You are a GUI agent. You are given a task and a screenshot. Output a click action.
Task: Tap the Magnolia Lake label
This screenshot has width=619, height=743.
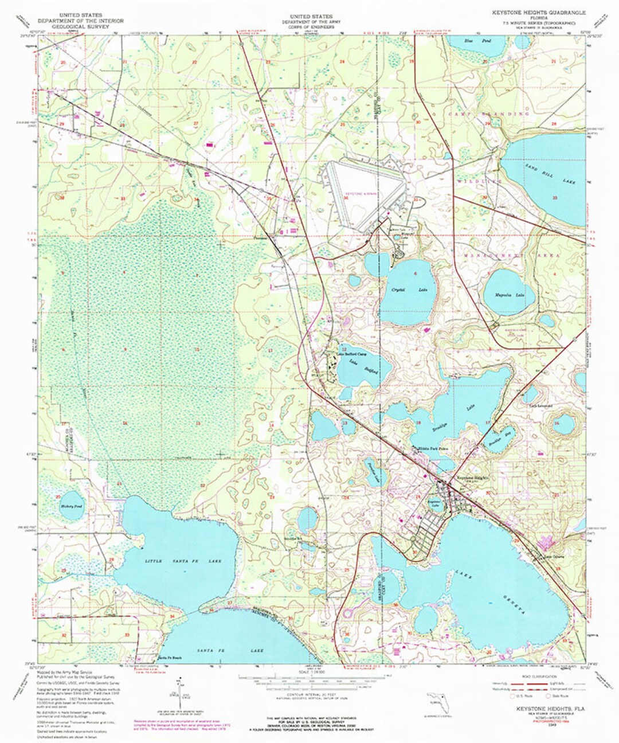(510, 295)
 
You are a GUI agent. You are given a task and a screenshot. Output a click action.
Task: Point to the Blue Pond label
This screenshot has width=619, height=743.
(469, 41)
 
